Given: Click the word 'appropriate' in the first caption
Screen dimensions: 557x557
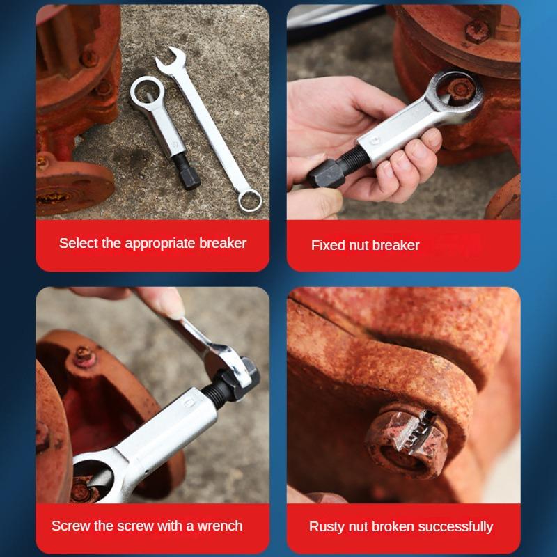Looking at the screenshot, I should [x=161, y=243].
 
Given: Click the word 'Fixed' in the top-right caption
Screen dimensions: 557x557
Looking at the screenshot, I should [x=327, y=245].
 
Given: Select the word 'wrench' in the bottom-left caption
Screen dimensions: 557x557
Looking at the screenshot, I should [x=219, y=525].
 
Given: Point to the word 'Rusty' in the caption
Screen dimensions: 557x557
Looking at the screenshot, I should [x=327, y=526].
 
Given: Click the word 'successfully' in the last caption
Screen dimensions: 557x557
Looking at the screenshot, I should [x=453, y=526].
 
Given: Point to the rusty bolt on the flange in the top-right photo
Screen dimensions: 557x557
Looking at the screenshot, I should [x=478, y=30].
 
